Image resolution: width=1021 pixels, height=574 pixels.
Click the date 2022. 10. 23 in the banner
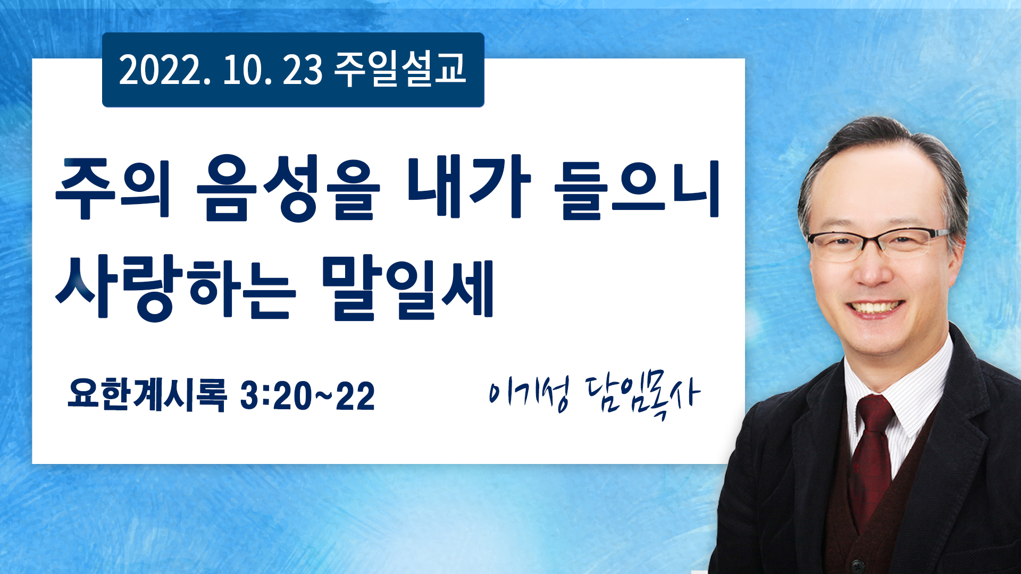221,70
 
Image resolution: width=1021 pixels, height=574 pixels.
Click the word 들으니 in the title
637,188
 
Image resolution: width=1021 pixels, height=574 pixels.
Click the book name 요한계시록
147,395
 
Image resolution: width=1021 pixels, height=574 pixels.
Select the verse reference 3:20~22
307,395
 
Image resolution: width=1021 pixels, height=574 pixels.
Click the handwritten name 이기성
529,393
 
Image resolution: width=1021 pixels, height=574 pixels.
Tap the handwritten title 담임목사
642,396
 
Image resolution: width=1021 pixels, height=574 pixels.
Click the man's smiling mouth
875,309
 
